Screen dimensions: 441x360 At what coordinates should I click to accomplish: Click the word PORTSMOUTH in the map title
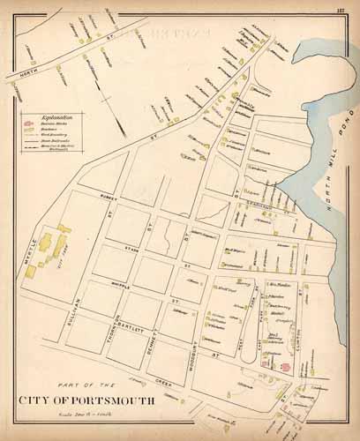click(x=109, y=400)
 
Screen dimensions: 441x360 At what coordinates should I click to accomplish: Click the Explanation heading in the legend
click(x=44, y=115)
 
